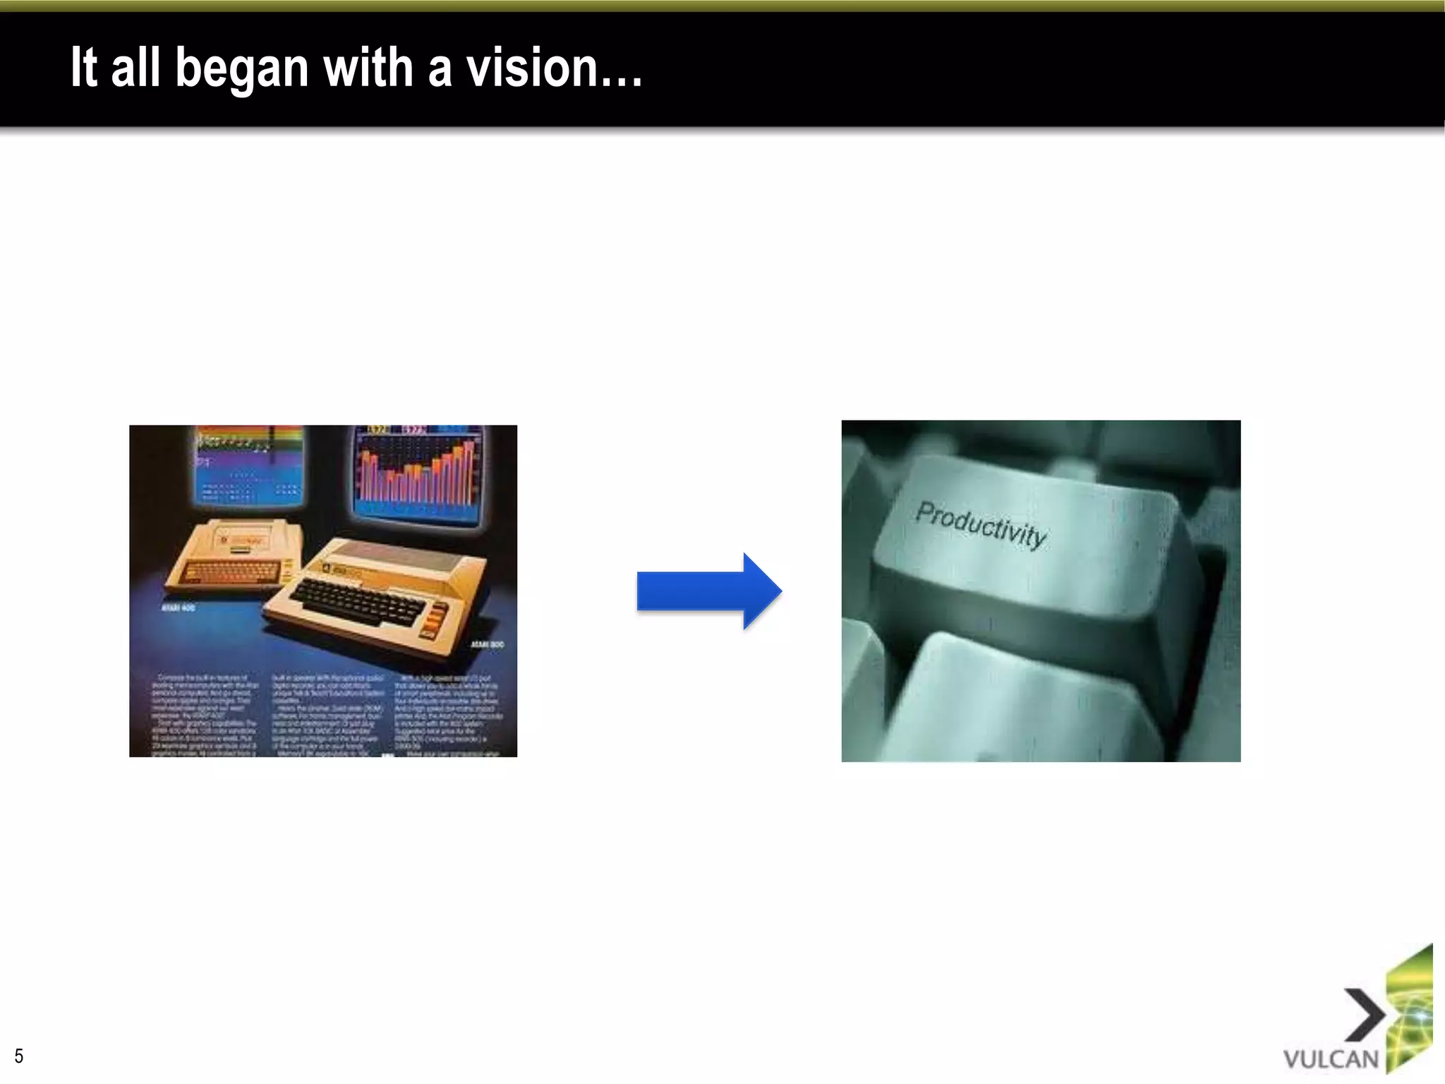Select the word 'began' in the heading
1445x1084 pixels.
(x=241, y=69)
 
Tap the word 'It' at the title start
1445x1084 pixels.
(x=83, y=68)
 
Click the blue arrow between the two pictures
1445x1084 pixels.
(x=708, y=591)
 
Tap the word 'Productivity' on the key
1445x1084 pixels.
(x=980, y=524)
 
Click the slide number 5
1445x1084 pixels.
(x=19, y=1056)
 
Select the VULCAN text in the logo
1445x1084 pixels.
(x=1331, y=1059)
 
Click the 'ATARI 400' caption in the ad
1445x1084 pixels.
(x=179, y=608)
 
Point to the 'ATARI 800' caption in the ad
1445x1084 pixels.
(x=487, y=645)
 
